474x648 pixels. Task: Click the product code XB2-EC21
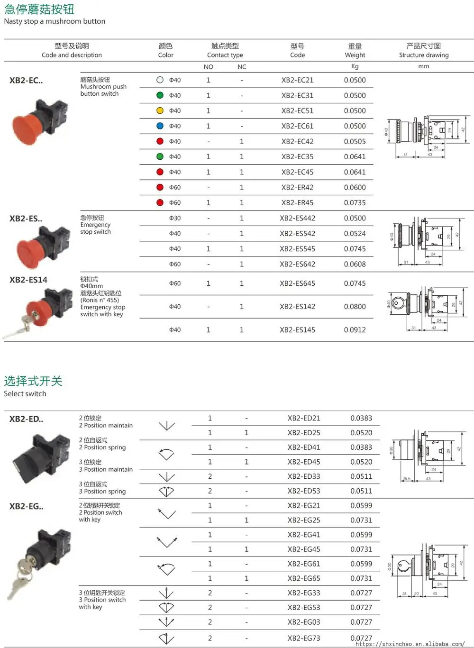point(297,80)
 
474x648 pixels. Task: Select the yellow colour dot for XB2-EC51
point(160,110)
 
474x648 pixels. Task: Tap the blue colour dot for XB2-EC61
point(160,126)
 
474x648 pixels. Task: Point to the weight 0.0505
point(355,141)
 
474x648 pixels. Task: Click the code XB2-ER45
point(297,202)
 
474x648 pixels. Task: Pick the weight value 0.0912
point(355,330)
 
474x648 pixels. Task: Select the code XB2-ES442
point(297,218)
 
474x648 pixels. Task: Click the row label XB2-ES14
point(28,280)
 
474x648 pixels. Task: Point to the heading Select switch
point(25,393)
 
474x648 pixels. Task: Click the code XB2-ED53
point(303,491)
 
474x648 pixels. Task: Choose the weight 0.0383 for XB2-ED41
point(361,447)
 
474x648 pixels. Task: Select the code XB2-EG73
point(303,638)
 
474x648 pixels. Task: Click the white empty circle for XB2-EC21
point(160,80)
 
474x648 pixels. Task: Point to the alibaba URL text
point(410,644)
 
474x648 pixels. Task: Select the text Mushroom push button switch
point(103,87)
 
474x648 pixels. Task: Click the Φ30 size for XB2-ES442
point(175,218)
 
